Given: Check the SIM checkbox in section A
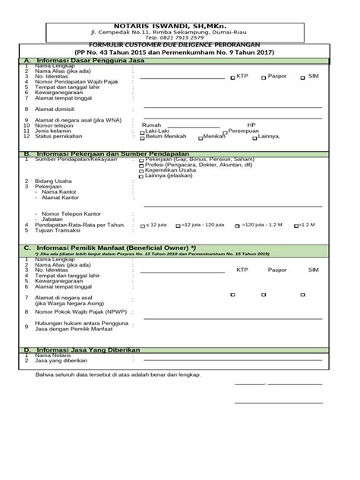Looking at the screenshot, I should click(x=303, y=77).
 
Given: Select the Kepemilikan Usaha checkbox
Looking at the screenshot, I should click(x=141, y=172).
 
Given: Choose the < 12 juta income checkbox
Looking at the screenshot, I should click(x=141, y=226).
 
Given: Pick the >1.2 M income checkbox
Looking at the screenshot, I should click(x=295, y=226).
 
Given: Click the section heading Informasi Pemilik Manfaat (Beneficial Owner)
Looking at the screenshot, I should click(x=121, y=247).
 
